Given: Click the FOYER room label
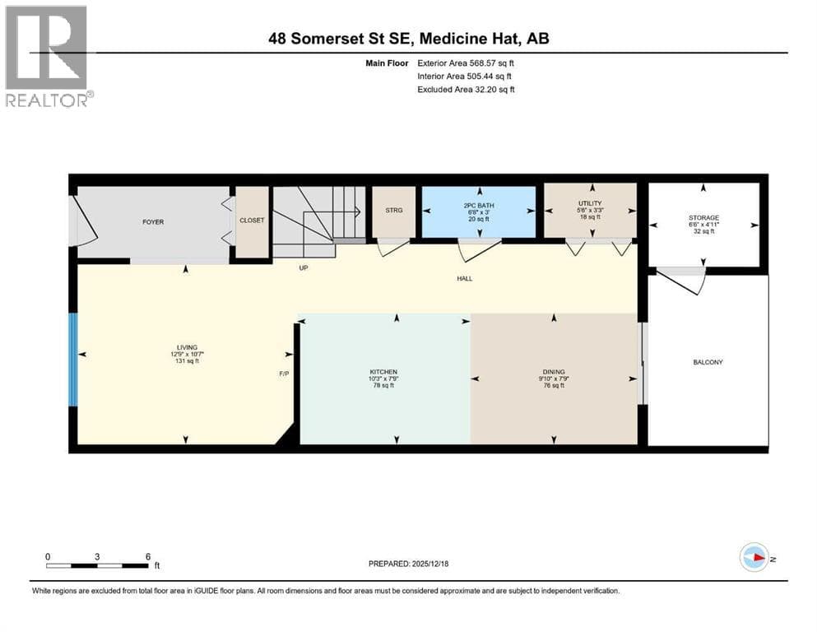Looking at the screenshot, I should click(153, 222).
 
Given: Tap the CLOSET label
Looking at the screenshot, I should click(252, 221).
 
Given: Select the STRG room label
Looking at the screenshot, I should click(394, 211).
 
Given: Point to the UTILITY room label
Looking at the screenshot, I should click(590, 203).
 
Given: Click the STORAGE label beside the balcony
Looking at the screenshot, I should click(704, 218).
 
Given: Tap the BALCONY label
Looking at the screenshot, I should click(708, 362).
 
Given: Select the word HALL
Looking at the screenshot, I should click(465, 278).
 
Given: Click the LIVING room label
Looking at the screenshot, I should click(186, 347).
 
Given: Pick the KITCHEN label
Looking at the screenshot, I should click(383, 372).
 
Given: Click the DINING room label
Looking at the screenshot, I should click(552, 372).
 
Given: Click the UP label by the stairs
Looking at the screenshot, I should click(304, 267).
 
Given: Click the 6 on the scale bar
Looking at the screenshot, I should click(147, 556).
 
